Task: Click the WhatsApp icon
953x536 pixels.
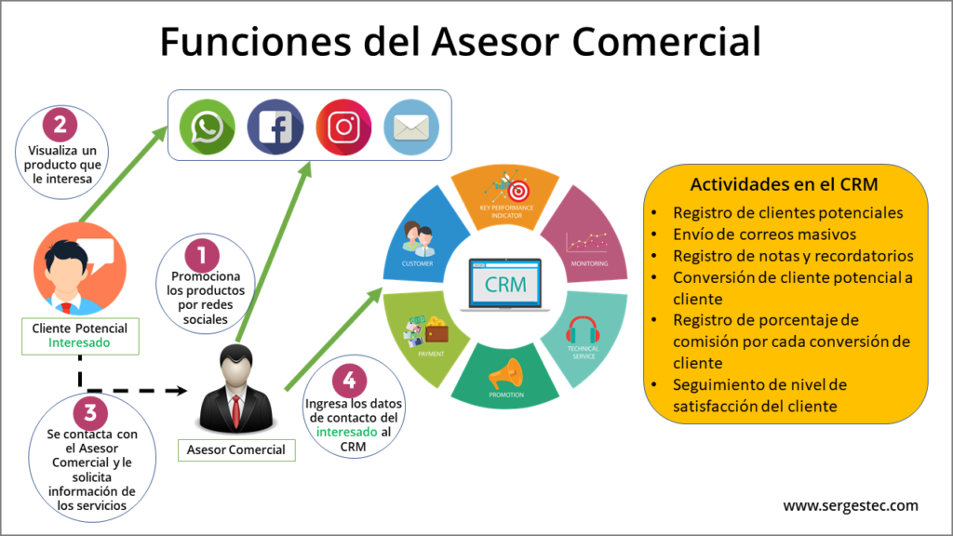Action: tap(208, 127)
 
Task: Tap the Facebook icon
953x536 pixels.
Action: tap(275, 127)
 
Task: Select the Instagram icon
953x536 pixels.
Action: tap(343, 127)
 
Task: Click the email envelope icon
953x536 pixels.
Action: tap(410, 127)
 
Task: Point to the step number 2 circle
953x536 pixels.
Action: tap(60, 124)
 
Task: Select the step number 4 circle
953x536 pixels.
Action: tap(348, 380)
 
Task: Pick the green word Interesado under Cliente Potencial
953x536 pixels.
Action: tap(80, 342)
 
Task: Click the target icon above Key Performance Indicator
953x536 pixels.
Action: tap(507, 184)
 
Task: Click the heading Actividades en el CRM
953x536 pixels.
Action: tap(785, 183)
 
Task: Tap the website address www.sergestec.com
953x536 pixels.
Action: tap(850, 505)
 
